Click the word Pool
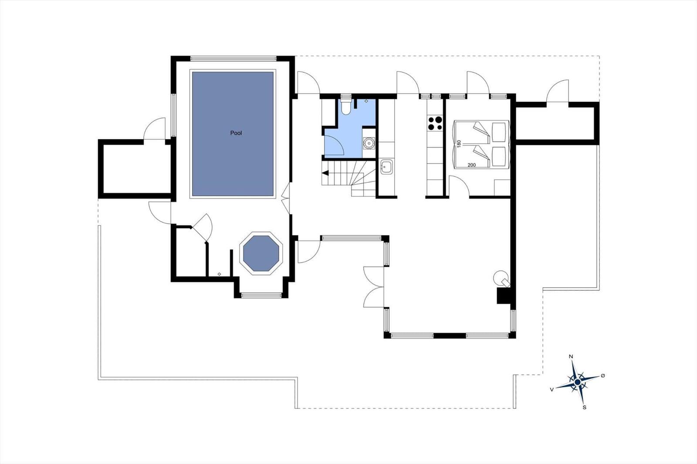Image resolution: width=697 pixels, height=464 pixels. pyautogui.click(x=236, y=133)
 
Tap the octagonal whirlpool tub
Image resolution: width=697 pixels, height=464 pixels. pyautogui.click(x=261, y=253)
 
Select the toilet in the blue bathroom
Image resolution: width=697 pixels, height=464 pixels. pyautogui.click(x=346, y=106)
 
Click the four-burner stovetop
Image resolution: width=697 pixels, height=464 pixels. pyautogui.click(x=435, y=123)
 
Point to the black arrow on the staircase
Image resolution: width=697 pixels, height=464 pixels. pyautogui.click(x=325, y=173)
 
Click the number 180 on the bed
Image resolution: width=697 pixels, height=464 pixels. pyautogui.click(x=459, y=144)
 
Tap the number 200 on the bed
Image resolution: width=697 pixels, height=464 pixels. pyautogui.click(x=471, y=165)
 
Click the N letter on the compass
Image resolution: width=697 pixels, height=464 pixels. pyautogui.click(x=571, y=357)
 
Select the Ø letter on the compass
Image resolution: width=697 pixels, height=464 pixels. pyautogui.click(x=603, y=376)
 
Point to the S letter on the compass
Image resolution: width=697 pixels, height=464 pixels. pyautogui.click(x=584, y=407)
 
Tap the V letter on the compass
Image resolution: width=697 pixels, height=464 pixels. pyautogui.click(x=552, y=390)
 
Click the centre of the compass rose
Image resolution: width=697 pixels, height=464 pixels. pyautogui.click(x=578, y=382)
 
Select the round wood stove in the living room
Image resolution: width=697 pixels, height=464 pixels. pyautogui.click(x=501, y=278)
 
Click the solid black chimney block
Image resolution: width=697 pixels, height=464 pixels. pyautogui.click(x=504, y=296)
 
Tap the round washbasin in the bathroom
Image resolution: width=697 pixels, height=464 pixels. pyautogui.click(x=369, y=143)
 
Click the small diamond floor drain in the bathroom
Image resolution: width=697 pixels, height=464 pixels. pyautogui.click(x=366, y=101)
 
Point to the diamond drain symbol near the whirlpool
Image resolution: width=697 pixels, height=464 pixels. pyautogui.click(x=220, y=274)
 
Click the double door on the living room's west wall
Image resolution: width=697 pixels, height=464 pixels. pyautogui.click(x=374, y=287)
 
